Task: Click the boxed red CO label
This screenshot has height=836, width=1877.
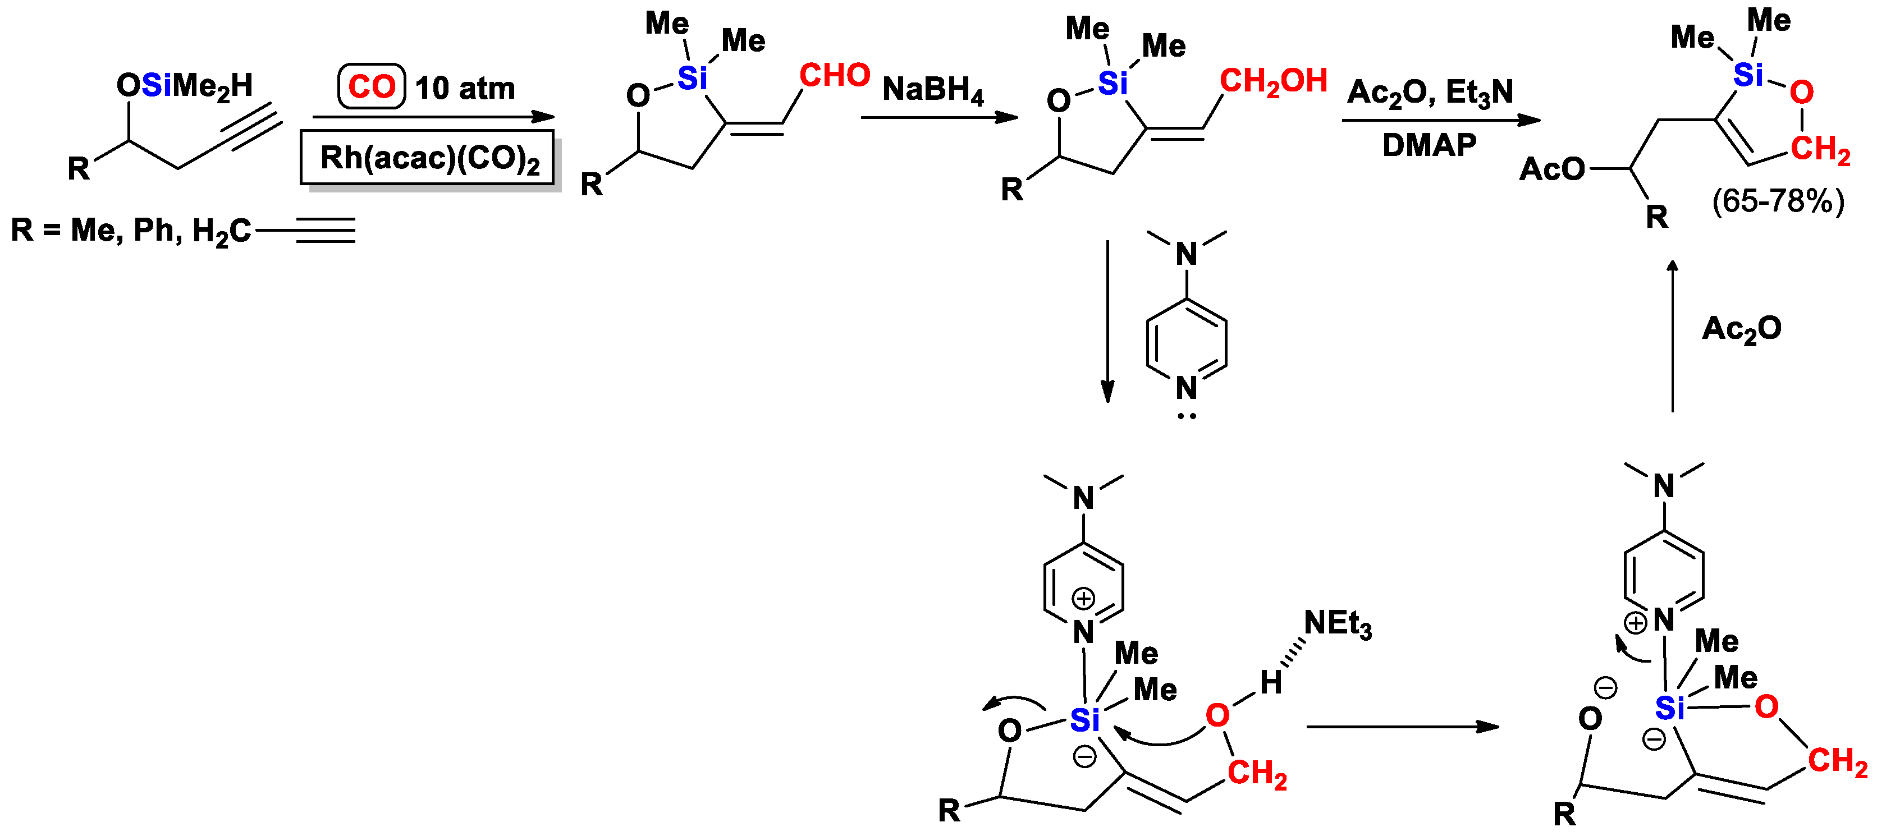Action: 371,86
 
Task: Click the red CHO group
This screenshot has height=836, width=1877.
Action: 834,75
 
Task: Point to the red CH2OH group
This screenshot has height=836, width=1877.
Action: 1273,81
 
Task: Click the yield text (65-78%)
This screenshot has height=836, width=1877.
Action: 1778,201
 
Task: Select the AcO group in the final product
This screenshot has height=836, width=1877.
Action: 1551,169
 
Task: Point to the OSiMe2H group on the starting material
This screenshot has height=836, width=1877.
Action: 184,86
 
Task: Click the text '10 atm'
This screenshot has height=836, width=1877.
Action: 465,88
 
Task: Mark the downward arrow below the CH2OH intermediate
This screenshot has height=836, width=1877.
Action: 1107,320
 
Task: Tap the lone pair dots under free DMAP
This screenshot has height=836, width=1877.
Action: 1186,416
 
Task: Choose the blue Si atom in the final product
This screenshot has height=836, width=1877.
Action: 1748,74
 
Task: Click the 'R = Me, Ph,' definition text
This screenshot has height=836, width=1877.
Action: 95,230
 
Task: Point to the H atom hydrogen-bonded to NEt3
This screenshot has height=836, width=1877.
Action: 1271,682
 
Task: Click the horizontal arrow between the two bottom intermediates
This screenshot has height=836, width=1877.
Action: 1402,726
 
